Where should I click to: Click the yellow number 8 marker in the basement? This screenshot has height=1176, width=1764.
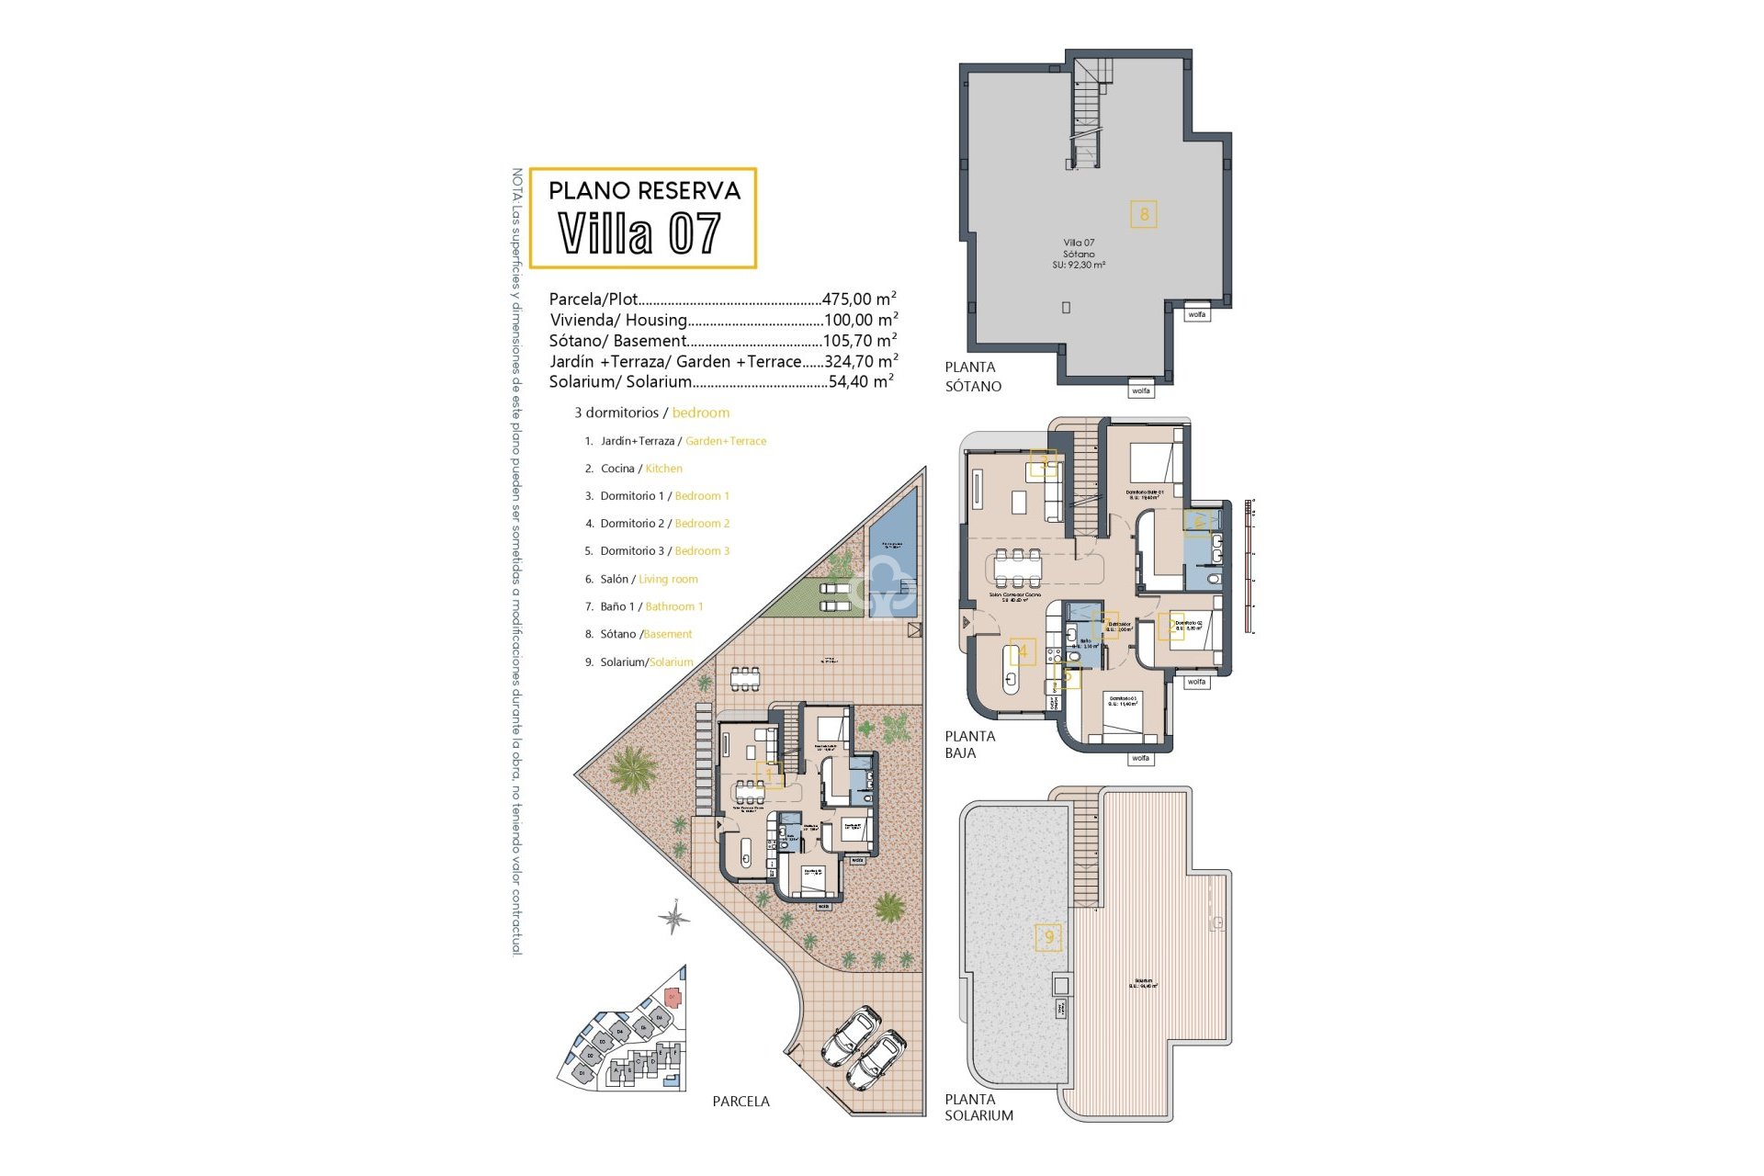1144,215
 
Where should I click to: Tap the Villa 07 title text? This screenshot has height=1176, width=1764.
640,233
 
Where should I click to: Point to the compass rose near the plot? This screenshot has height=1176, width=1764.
673,917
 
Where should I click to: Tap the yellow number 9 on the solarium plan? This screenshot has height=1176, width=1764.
1048,937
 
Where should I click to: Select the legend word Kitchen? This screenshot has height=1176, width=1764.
663,469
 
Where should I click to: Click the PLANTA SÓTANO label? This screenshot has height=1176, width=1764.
973,377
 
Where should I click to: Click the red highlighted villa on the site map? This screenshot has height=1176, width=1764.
672,996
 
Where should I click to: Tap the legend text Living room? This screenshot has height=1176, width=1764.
668,580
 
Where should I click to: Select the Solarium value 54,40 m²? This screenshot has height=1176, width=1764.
861,382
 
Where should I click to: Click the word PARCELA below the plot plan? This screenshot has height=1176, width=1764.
741,1102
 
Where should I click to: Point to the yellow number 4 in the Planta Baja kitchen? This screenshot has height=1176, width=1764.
1023,652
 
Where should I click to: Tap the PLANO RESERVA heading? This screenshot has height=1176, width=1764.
644,191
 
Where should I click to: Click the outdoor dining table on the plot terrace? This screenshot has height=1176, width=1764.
745,678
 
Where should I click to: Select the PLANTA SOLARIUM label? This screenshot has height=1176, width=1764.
979,1107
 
